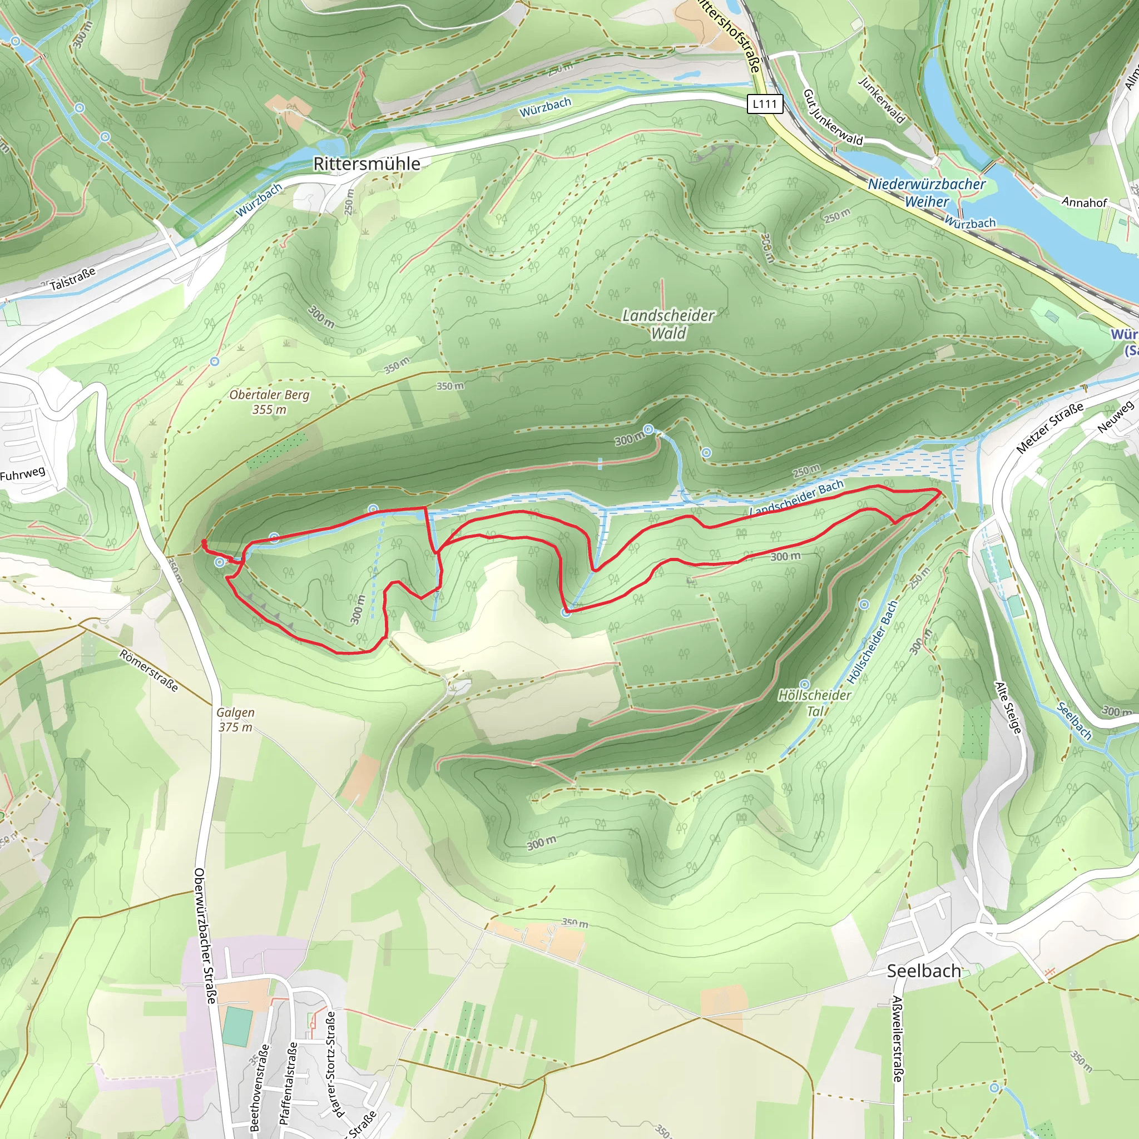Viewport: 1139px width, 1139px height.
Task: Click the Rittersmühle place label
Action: click(x=367, y=164)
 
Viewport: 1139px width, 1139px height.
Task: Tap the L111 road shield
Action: click(x=765, y=105)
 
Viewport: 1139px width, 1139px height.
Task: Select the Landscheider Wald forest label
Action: click(x=668, y=324)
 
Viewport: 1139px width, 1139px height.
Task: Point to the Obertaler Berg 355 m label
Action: click(x=269, y=402)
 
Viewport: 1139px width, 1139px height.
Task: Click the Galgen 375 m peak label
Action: click(x=235, y=720)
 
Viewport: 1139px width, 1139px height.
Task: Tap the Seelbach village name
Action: click(x=924, y=971)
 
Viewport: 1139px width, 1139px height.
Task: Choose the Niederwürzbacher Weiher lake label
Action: click(x=927, y=193)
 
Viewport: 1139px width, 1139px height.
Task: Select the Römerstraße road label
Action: click(x=148, y=670)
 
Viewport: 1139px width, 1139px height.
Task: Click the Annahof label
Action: click(x=1084, y=202)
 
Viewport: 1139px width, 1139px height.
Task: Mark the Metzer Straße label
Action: click(x=1050, y=428)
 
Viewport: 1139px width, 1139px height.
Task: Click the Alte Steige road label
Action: click(x=1008, y=707)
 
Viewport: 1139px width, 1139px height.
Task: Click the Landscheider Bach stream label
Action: click(x=796, y=499)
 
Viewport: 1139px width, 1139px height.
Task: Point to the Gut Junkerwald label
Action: click(x=833, y=118)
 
